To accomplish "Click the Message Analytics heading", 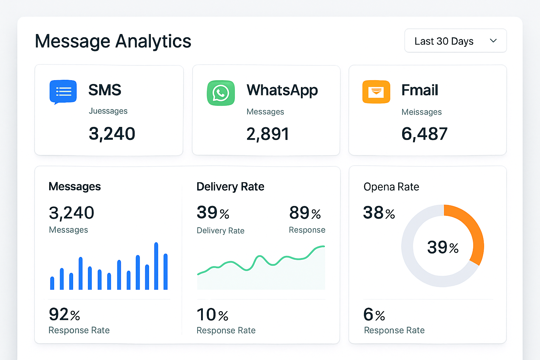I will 113,41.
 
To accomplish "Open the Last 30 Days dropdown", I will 455,41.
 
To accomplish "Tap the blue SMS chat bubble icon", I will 63,92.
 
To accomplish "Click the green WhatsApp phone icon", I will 221,93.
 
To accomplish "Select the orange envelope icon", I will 376,92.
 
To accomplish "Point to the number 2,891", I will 268,134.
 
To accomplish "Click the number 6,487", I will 424,134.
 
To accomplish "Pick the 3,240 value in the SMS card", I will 112,134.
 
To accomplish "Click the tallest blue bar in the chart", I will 156,266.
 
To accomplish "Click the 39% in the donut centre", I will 443,247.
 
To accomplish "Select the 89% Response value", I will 305,213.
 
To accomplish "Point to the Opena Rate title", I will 391,187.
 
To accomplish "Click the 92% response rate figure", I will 64,314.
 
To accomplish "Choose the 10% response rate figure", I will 212,315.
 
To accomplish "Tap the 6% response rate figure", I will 374,315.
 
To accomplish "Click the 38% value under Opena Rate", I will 379,213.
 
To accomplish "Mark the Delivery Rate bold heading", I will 230,187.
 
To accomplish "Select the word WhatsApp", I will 282,90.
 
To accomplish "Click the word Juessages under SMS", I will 108,111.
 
